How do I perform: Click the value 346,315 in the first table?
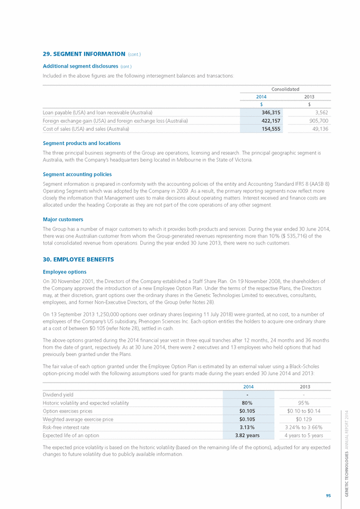(268, 113)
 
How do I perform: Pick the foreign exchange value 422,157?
(268, 121)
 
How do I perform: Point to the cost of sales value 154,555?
(268, 129)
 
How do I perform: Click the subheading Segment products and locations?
(82, 143)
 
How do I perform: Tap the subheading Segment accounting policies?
(77, 174)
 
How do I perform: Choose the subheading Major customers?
(62, 219)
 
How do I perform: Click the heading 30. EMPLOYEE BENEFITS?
(78, 259)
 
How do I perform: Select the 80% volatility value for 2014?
(248, 403)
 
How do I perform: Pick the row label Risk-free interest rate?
(70, 428)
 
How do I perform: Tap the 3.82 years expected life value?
(248, 435)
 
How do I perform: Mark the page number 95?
(328, 495)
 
